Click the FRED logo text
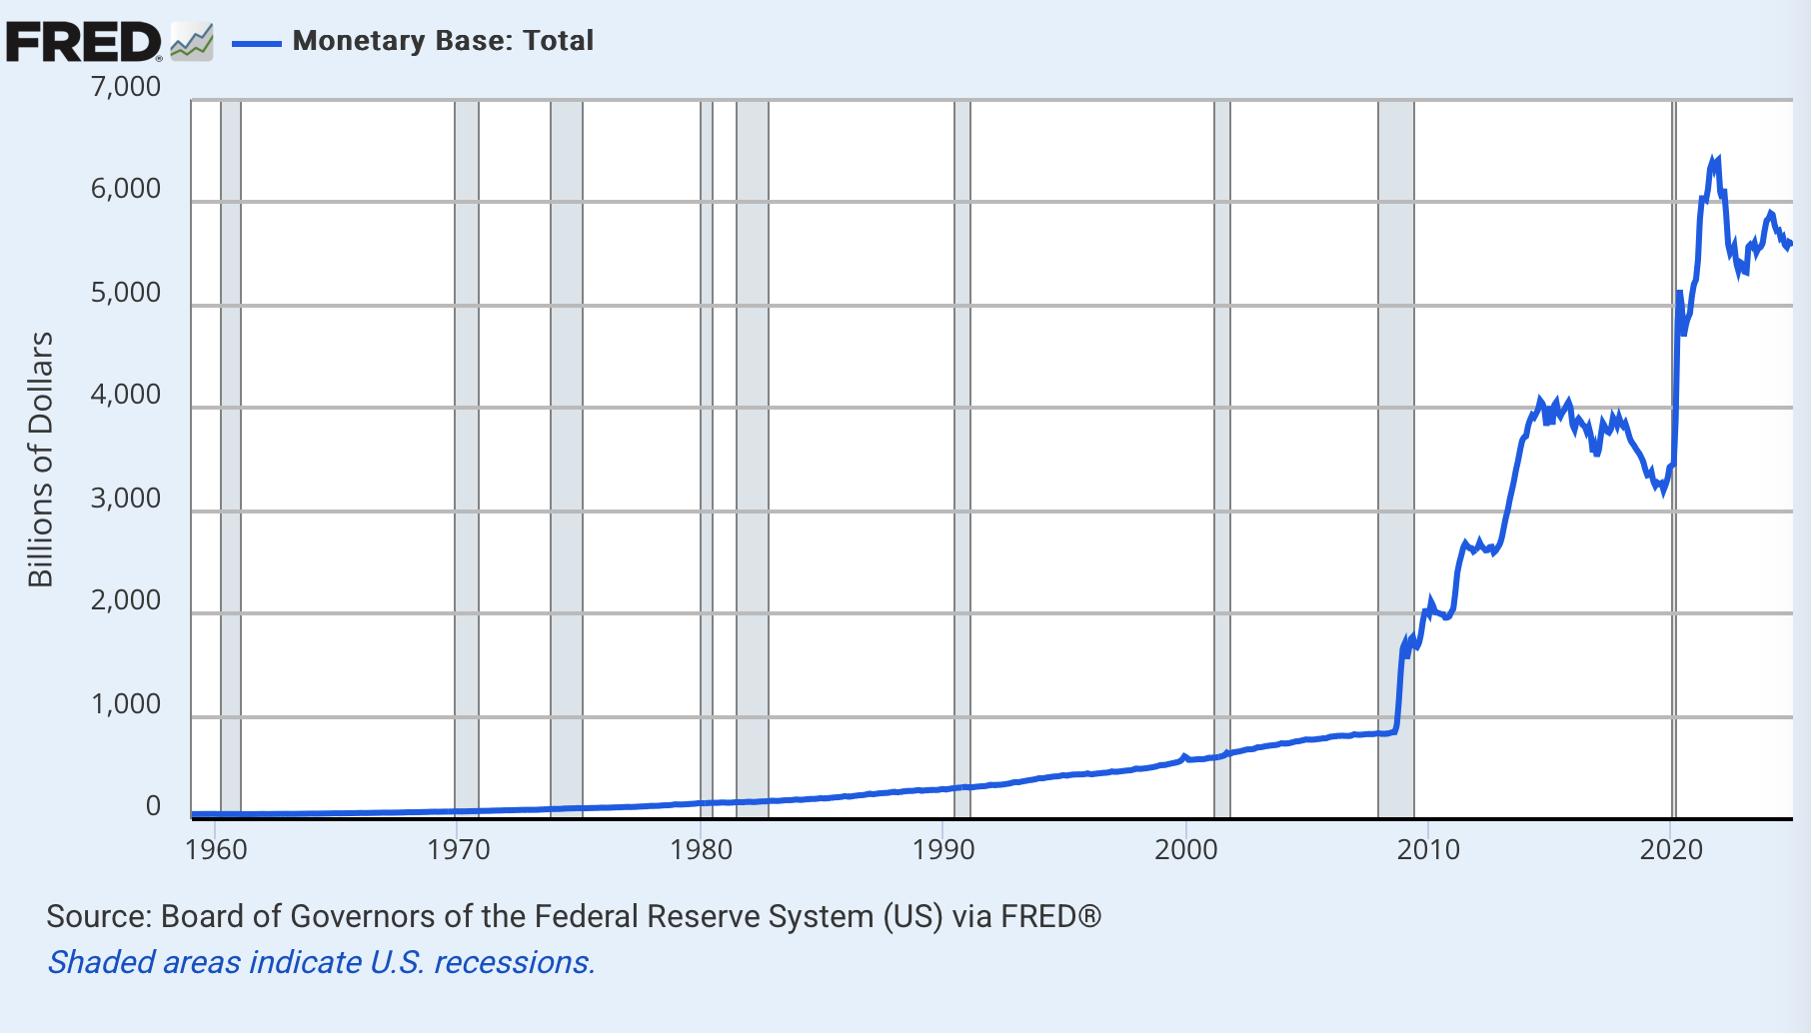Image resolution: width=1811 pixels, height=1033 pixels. coord(82,42)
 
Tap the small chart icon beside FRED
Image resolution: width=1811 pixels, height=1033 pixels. coord(191,42)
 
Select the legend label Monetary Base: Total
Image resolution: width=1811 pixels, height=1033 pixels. coord(443,41)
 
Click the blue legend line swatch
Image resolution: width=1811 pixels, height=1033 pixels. coord(256,43)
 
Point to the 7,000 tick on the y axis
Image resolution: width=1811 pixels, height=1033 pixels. coord(126,87)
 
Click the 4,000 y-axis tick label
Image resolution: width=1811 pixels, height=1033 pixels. coord(126,395)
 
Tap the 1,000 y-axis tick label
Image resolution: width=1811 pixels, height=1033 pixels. coord(126,704)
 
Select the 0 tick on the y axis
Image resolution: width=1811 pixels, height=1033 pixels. coord(153,806)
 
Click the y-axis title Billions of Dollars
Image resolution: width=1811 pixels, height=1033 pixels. coord(40,460)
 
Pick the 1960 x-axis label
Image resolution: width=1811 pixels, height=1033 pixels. coord(216,850)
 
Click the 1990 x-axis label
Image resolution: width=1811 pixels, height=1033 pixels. coord(943,850)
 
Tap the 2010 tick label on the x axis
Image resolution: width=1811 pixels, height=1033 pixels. coord(1428,850)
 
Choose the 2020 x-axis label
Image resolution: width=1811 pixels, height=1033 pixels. coord(1671,850)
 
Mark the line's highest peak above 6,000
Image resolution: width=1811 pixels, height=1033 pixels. coord(1717,159)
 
